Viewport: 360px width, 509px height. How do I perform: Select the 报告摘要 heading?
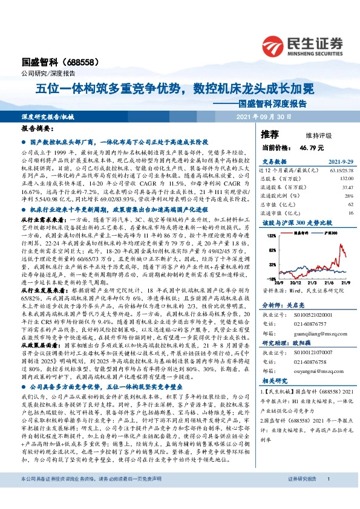pos(36,129)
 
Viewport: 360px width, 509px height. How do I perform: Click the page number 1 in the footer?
pos(327,496)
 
